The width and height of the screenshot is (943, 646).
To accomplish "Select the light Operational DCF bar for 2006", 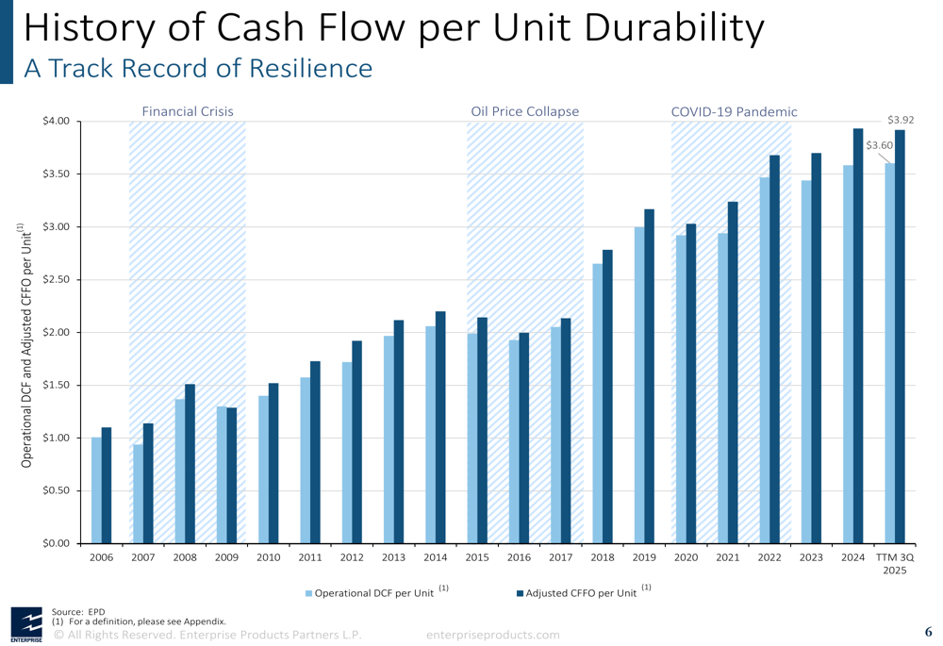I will (x=96, y=490).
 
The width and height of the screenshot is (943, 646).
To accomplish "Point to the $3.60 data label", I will (x=879, y=145).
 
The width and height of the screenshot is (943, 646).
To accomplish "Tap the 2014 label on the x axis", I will (x=435, y=557).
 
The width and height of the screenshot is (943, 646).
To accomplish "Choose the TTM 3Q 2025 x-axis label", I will (x=895, y=564).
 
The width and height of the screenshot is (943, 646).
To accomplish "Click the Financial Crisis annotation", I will (x=188, y=111).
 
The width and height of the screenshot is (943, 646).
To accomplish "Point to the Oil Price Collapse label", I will (x=524, y=111).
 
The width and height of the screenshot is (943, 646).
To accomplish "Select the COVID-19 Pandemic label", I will (x=734, y=111).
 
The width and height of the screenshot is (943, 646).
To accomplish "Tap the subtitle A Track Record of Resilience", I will (x=198, y=68).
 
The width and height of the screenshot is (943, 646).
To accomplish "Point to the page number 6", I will (x=928, y=632).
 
